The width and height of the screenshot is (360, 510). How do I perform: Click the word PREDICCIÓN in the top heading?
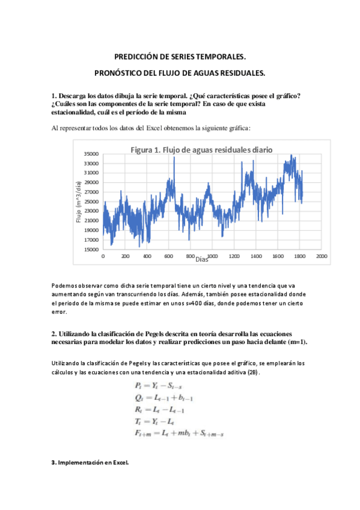pyautogui.click(x=138, y=57)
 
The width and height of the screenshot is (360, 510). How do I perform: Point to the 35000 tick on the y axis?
pyautogui.click(x=91, y=154)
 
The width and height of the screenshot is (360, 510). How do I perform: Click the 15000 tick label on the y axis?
pyautogui.click(x=91, y=249)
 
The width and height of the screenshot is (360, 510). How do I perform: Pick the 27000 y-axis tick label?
pyautogui.click(x=91, y=192)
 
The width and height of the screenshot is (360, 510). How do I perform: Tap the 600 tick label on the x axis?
pyautogui.click(x=168, y=256)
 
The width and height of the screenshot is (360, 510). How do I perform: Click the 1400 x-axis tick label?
pyautogui.click(x=256, y=256)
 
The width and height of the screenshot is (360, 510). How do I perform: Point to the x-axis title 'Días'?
pyautogui.click(x=202, y=259)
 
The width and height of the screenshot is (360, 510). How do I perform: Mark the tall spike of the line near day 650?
pyautogui.click(x=174, y=158)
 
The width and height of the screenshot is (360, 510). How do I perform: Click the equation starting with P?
pyautogui.click(x=160, y=385)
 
